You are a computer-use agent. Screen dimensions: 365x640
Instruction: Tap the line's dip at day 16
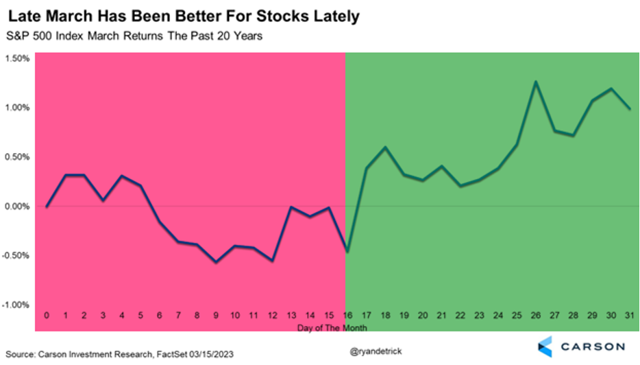347,252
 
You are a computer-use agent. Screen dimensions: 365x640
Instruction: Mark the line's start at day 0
47,207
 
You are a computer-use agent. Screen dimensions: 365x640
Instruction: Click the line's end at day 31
630,108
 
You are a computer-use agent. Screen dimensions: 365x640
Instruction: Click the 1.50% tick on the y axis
17,58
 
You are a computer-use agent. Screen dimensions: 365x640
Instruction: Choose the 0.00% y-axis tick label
17,207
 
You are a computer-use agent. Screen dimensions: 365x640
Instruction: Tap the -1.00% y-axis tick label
16,305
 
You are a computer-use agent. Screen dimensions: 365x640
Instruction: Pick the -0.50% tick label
16,256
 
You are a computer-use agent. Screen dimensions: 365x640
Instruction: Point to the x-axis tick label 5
140,315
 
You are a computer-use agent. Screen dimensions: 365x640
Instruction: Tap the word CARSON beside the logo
590,346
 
